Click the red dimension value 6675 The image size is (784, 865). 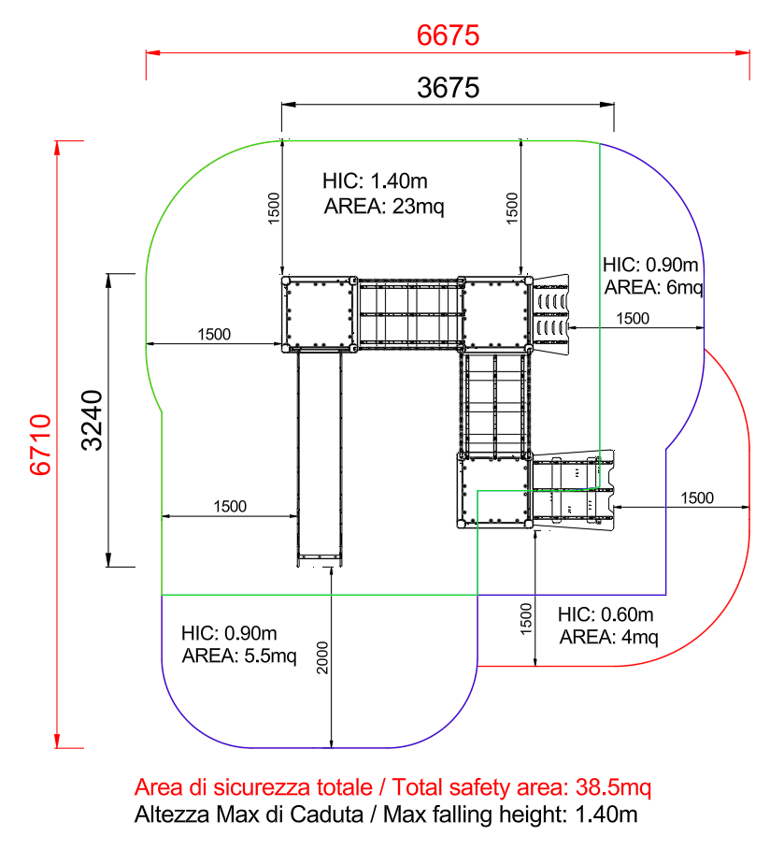448,36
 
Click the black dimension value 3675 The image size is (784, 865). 448,88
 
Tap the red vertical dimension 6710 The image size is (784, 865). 40,444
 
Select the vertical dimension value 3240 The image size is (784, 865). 92,421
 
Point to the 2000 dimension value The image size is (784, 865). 322,657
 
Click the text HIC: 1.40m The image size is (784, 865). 375,180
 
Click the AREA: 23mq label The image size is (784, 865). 384,207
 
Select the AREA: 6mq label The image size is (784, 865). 653,287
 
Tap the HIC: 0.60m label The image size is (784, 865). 606,614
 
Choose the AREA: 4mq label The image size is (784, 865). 608,637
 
